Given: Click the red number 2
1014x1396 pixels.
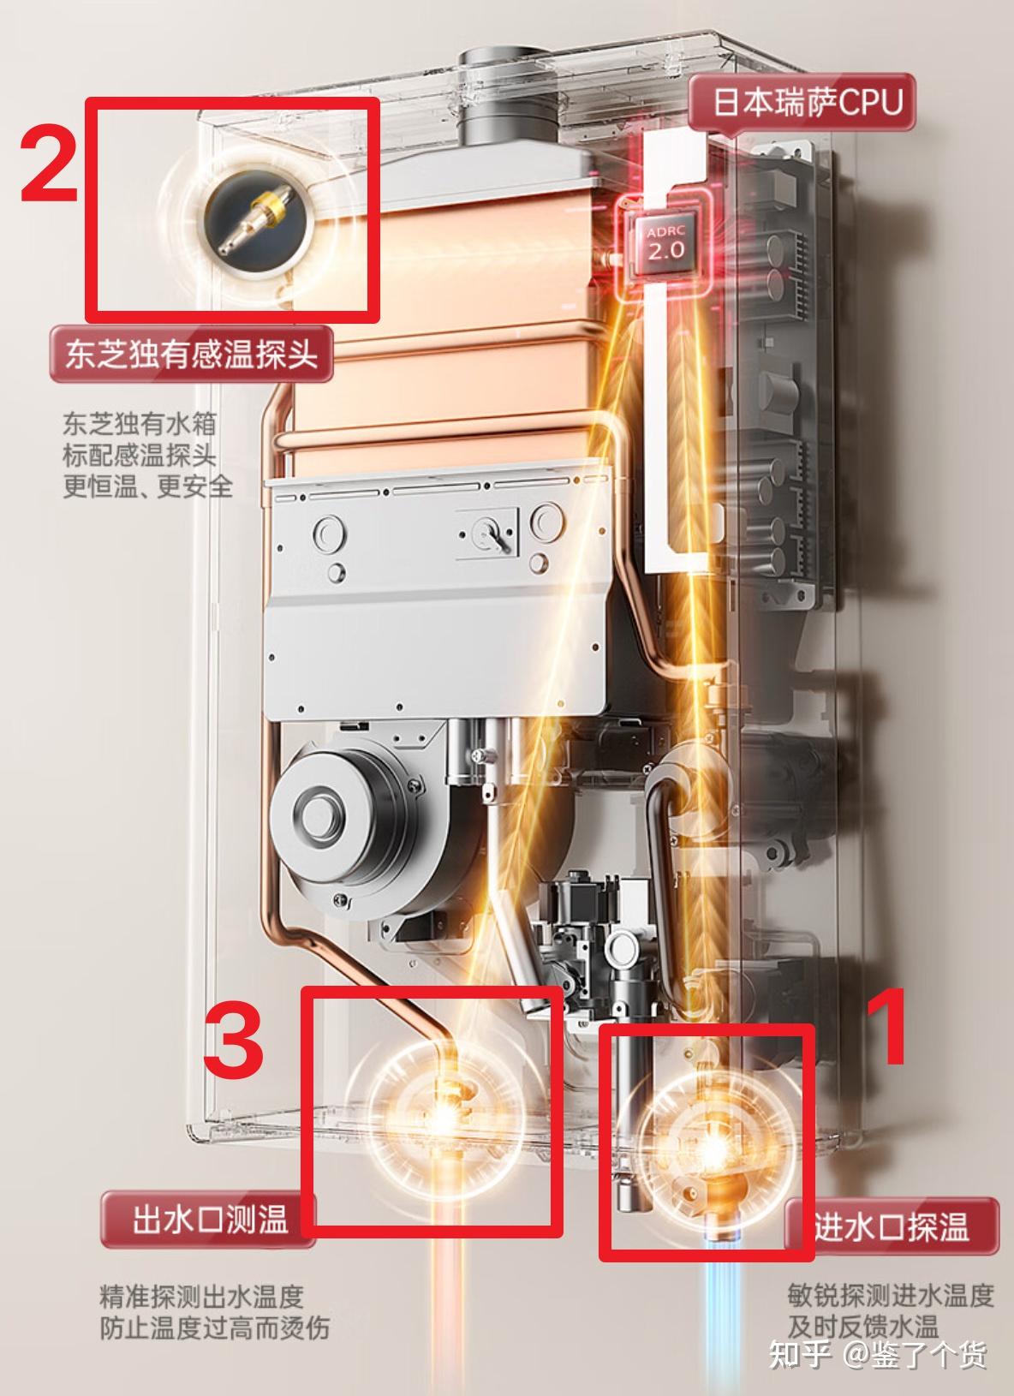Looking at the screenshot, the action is click(x=50, y=164).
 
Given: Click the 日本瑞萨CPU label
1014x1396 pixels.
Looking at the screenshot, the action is click(x=808, y=102).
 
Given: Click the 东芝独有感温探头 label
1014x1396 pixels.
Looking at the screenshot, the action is click(x=191, y=354).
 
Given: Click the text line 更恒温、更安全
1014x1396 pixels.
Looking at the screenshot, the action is click(x=147, y=486).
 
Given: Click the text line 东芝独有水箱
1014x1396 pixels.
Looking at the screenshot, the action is click(x=139, y=425).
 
